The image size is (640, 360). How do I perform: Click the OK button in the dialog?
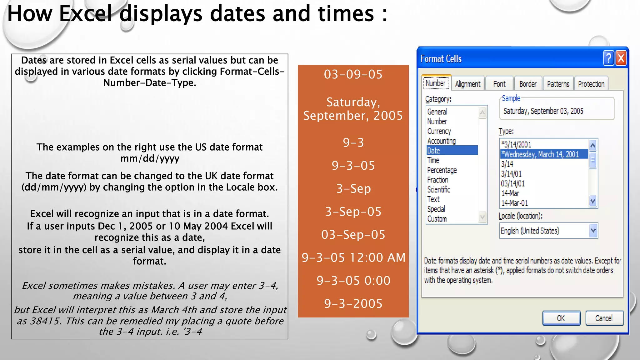561,318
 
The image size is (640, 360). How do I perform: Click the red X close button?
621,58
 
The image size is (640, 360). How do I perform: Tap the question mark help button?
608,58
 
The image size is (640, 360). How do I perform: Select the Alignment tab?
467,84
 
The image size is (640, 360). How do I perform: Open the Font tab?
499,84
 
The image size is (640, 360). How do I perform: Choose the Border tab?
528,84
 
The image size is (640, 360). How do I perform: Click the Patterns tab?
558,84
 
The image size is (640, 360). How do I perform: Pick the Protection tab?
591,84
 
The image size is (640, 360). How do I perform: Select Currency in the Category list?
439,131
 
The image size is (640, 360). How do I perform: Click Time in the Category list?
433,160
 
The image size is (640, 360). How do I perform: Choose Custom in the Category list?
437,219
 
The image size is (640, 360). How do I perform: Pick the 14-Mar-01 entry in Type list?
515,203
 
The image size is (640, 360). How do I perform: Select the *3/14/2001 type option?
516,144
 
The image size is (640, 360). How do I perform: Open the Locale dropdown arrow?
593,231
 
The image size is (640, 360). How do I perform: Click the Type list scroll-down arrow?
593,201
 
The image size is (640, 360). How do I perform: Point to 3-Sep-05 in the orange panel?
353,212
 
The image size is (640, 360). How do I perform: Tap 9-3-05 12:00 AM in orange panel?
353,257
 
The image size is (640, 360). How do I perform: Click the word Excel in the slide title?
85,14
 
